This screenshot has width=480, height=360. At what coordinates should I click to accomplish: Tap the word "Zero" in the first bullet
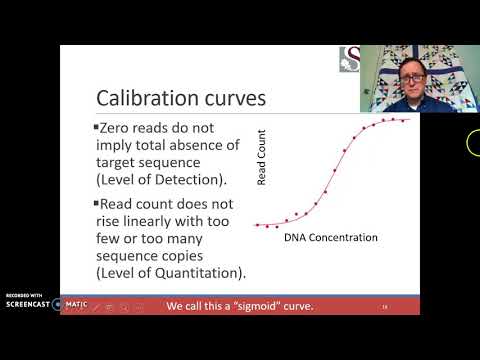click(x=117, y=129)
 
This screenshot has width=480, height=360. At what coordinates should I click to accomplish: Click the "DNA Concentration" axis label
click(x=331, y=237)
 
